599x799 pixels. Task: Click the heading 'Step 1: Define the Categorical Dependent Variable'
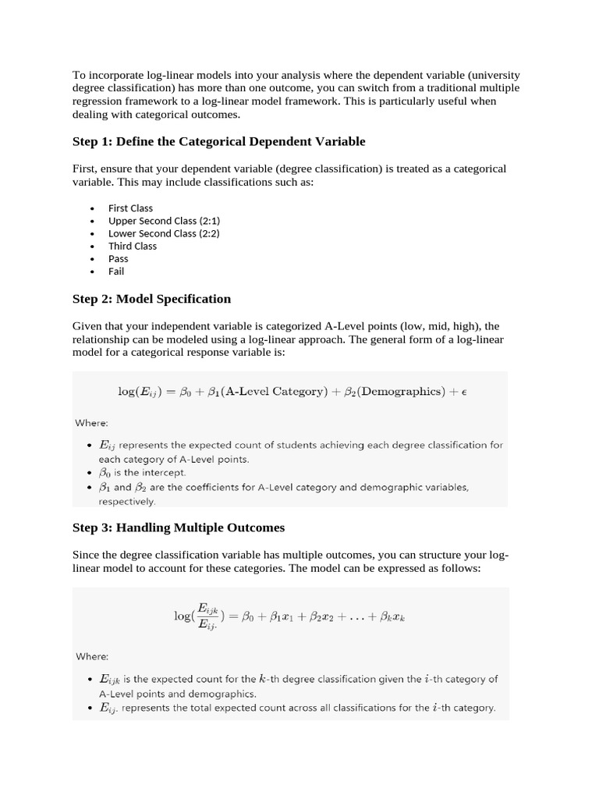(x=218, y=141)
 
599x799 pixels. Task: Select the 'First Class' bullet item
(x=130, y=208)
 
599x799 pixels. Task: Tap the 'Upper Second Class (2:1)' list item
(x=164, y=221)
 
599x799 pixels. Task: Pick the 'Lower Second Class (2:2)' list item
(x=164, y=233)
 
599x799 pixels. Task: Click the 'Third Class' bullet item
(x=133, y=246)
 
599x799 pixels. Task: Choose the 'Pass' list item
(x=119, y=258)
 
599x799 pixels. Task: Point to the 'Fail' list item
(x=116, y=272)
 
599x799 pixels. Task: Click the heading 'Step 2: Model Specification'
(x=151, y=299)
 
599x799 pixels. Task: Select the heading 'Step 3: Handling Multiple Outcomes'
(x=179, y=527)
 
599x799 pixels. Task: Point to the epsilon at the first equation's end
(x=463, y=392)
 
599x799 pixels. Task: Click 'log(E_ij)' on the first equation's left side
(x=143, y=392)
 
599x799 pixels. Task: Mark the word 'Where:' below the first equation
(x=92, y=423)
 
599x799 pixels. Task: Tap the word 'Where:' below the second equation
(x=92, y=656)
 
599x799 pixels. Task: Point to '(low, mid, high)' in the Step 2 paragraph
(x=440, y=325)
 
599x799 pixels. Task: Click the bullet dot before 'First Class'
(x=92, y=209)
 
